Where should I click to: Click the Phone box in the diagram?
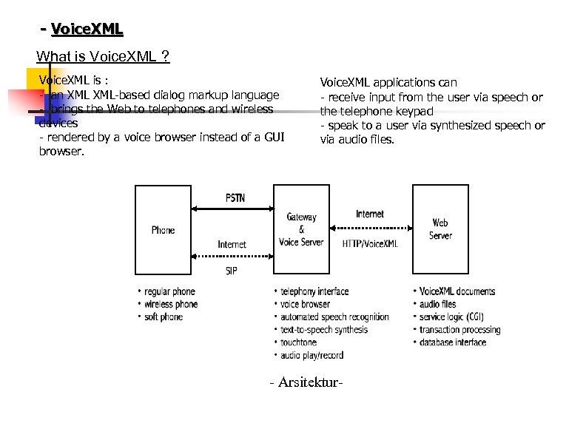coord(164,231)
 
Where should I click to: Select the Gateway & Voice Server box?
coord(301,230)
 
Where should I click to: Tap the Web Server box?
coord(440,230)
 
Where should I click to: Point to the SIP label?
coord(232,271)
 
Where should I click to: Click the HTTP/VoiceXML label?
coord(370,243)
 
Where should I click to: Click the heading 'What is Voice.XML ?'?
coord(103,56)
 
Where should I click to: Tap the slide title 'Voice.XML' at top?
coord(87,30)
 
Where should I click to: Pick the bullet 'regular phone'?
coord(169,292)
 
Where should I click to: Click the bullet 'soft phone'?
coord(164,317)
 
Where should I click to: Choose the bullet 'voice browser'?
coord(305,305)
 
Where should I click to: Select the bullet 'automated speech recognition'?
coord(334,317)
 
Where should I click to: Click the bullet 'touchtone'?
coord(298,342)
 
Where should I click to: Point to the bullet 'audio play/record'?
coord(311,356)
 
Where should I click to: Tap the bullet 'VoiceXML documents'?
coord(457,292)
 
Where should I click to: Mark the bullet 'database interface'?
coord(453,342)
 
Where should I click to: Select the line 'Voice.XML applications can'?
coord(388,83)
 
